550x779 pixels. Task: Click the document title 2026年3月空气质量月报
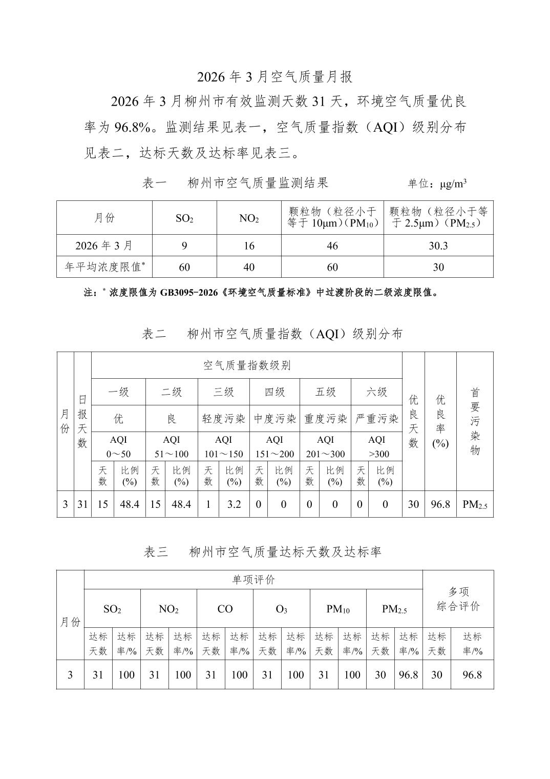point(275,77)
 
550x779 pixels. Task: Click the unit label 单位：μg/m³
point(437,183)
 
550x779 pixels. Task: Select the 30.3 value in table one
point(438,246)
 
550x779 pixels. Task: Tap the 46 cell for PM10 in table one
point(332,246)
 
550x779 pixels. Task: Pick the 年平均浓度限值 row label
point(104,267)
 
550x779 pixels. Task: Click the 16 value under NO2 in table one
point(249,246)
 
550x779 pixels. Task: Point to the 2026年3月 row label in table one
point(104,246)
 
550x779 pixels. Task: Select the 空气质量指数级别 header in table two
point(247,365)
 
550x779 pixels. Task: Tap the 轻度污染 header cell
point(224,419)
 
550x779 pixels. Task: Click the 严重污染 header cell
point(377,419)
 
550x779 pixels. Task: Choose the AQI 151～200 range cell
point(274,447)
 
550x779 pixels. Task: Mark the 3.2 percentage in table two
point(234,504)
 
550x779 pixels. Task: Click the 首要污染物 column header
point(475,421)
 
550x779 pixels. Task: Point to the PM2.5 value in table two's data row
point(475,505)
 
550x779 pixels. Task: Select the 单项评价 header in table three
point(253,580)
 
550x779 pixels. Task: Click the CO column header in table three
point(225,609)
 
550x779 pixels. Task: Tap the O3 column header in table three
point(281,609)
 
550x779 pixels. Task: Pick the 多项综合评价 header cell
point(458,599)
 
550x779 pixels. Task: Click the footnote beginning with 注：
point(261,293)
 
